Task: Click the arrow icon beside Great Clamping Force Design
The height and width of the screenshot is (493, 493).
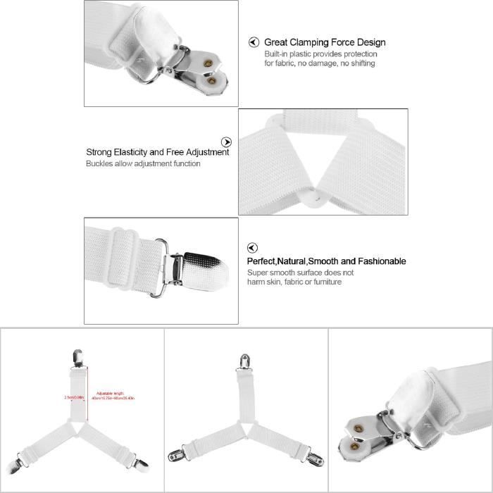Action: (254, 42)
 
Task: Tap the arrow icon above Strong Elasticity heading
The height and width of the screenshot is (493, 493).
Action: (226, 142)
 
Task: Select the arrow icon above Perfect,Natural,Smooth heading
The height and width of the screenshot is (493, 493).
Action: (252, 248)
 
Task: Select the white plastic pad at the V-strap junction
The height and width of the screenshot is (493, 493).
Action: (313, 194)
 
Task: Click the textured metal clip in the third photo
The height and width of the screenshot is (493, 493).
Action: (201, 266)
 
